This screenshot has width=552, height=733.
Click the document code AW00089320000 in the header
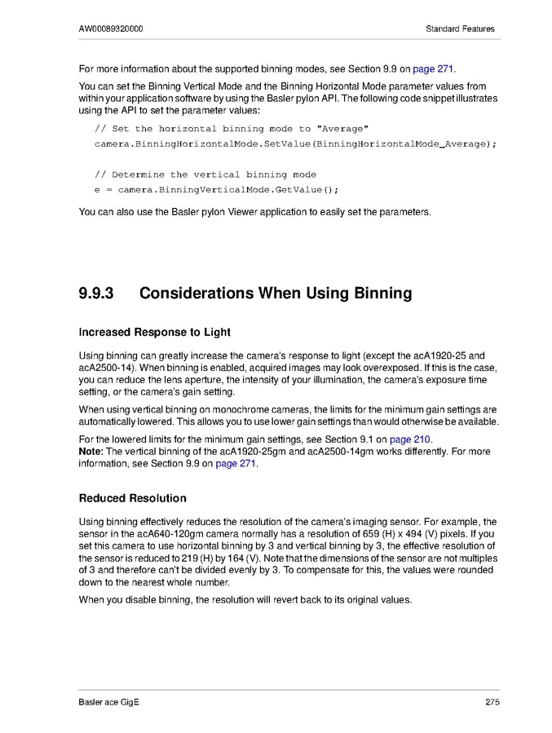(x=112, y=29)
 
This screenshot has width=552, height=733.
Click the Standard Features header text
(x=460, y=29)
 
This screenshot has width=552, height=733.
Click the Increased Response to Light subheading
(x=154, y=332)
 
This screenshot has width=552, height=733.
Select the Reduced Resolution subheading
(x=132, y=498)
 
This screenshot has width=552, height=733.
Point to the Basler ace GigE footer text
(x=109, y=703)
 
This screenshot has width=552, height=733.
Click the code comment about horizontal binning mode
(x=232, y=129)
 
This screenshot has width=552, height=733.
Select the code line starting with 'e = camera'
(x=216, y=189)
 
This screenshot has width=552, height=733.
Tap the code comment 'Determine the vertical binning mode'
(x=205, y=174)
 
